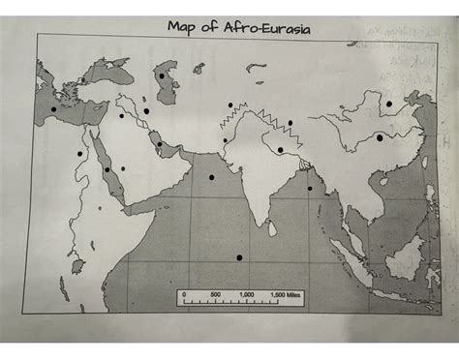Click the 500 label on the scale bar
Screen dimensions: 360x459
coord(214,292)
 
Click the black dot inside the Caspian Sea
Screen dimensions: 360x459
coord(162,75)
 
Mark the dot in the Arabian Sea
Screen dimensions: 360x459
coord(212,177)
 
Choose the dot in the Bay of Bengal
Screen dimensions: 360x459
coord(310,189)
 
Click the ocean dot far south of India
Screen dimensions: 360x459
coord(239,256)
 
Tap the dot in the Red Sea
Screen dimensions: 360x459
coord(107,169)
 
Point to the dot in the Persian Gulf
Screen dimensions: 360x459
coord(160,145)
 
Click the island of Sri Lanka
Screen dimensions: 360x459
coord(274,226)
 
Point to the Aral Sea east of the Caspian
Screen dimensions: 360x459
coord(199,69)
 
